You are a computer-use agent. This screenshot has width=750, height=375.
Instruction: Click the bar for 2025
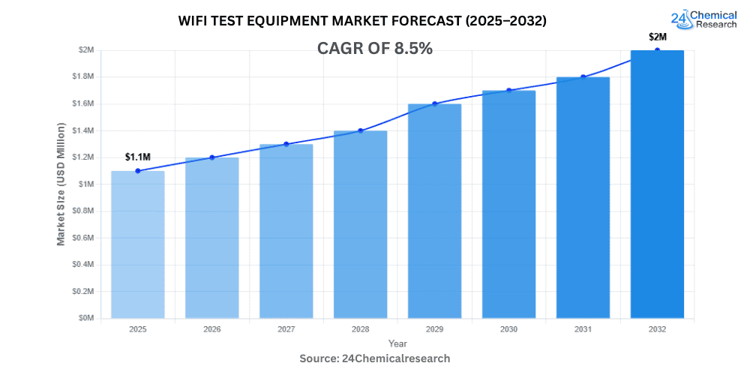click(137, 244)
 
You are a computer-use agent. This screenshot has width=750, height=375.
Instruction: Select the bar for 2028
click(360, 224)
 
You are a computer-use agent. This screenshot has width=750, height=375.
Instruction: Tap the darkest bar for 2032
click(657, 184)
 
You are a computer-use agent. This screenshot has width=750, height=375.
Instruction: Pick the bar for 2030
click(508, 204)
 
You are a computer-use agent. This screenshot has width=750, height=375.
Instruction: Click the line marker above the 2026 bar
click(211, 157)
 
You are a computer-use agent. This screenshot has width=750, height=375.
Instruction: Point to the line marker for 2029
click(434, 103)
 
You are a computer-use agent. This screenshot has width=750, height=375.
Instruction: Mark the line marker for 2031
click(583, 76)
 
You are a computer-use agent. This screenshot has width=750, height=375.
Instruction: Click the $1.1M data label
click(137, 157)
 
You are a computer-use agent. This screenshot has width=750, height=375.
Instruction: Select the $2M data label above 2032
click(658, 37)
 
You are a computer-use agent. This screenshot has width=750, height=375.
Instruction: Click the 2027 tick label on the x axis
click(286, 328)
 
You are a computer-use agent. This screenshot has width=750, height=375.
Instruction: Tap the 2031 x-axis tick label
click(583, 328)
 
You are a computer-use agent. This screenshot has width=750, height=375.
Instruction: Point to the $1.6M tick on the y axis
click(83, 103)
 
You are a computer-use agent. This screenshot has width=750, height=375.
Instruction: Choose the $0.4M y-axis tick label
click(83, 264)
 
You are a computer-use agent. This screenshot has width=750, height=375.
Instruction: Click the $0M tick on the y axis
click(87, 318)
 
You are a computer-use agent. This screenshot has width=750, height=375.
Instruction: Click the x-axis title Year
click(397, 343)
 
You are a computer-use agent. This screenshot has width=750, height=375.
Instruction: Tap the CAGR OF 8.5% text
click(376, 49)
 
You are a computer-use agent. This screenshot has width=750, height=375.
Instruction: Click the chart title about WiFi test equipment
click(362, 21)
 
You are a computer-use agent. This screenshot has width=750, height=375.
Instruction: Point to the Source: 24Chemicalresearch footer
click(375, 358)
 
